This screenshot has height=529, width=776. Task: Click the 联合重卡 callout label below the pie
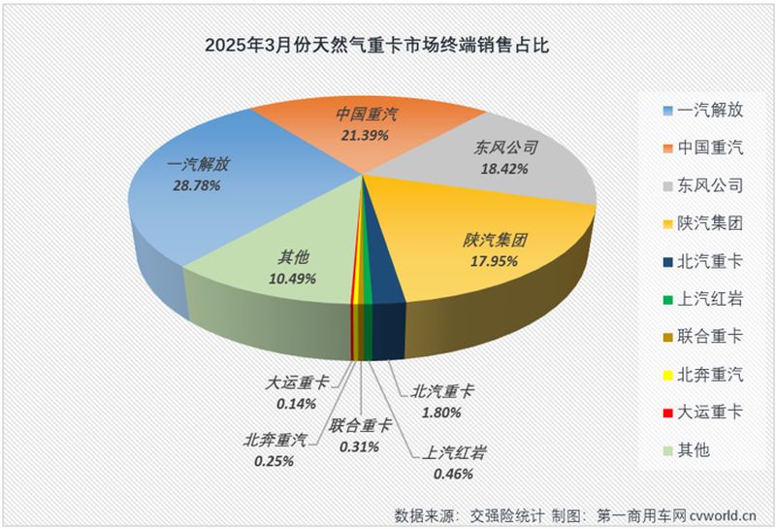click(359, 425)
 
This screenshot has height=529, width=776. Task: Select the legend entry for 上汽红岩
click(709, 299)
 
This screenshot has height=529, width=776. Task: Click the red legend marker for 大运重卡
click(662, 412)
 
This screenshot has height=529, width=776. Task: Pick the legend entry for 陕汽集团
click(709, 223)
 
